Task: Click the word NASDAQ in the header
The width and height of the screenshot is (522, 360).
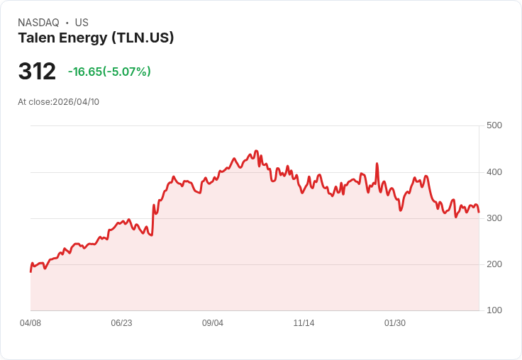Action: pyautogui.click(x=38, y=23)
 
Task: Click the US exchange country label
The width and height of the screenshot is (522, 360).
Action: pyautogui.click(x=82, y=23)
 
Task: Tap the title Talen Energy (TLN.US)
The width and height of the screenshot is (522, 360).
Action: pyautogui.click(x=96, y=38)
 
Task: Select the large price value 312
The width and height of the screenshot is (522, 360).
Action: pyautogui.click(x=37, y=72)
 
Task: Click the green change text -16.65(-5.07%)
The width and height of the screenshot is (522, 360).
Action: pyautogui.click(x=109, y=72)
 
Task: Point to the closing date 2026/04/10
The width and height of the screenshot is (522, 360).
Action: pyautogui.click(x=76, y=102)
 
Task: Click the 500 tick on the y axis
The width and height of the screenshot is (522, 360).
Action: pyautogui.click(x=494, y=125)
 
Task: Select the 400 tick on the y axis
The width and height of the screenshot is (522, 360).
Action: pyautogui.click(x=494, y=172)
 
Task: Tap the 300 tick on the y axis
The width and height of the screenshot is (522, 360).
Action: pyautogui.click(x=494, y=218)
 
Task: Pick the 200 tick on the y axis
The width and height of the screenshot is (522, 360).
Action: pyautogui.click(x=494, y=264)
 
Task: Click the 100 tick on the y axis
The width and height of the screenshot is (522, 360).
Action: pyautogui.click(x=494, y=310)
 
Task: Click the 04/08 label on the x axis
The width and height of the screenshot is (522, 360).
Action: pyautogui.click(x=30, y=323)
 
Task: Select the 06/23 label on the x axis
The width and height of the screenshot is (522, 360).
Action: pyautogui.click(x=121, y=323)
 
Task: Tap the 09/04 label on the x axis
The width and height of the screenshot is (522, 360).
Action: pyautogui.click(x=213, y=323)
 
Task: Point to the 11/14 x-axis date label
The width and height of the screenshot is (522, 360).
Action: pyautogui.click(x=304, y=323)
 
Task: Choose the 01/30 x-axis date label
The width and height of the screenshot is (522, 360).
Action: pyautogui.click(x=395, y=323)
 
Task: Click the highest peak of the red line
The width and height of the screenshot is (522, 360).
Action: pyautogui.click(x=256, y=152)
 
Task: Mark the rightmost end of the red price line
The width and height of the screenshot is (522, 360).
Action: pyautogui.click(x=479, y=212)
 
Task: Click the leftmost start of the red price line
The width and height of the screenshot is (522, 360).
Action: pyautogui.click(x=30, y=271)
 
